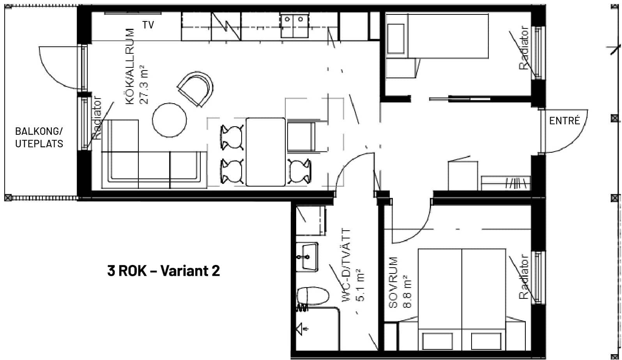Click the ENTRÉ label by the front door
pos(565,121)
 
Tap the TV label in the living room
pos(148,25)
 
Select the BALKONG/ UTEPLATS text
pos(39,137)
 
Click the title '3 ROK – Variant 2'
pos(164,271)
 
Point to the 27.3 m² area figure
pos(144,85)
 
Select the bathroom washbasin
pos(307,257)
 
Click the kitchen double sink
pos(294,26)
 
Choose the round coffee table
pos(170,120)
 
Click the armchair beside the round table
pos(196,89)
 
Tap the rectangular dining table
pos(266,152)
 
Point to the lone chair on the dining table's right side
pos(299,171)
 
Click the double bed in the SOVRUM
pos(462,299)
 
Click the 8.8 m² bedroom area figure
pos(407,291)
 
